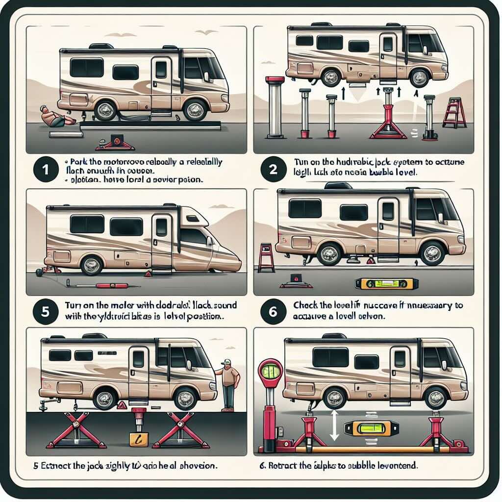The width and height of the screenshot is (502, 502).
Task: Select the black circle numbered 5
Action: [x=45, y=312]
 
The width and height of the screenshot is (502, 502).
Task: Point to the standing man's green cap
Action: [x=226, y=363]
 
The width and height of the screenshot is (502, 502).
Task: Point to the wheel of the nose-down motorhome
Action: [x=91, y=265]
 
